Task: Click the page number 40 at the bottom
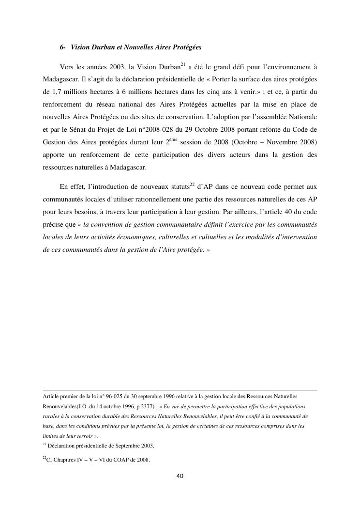point(180,476)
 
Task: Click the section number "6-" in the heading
point(63,48)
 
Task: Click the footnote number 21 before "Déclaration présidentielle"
point(45,445)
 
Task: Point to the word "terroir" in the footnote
point(77,436)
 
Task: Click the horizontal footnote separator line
point(180,390)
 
